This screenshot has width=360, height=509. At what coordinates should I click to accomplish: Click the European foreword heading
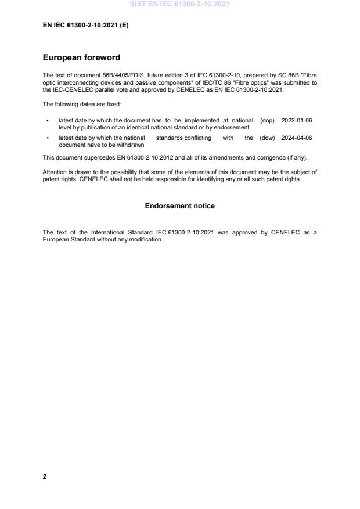click(82, 58)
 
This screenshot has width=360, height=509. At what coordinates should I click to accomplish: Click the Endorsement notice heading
click(179, 206)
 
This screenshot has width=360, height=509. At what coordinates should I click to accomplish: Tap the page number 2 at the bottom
click(45, 476)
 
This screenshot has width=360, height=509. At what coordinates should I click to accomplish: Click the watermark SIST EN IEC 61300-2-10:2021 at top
click(180, 4)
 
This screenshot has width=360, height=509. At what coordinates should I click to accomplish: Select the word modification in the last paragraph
click(147, 240)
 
